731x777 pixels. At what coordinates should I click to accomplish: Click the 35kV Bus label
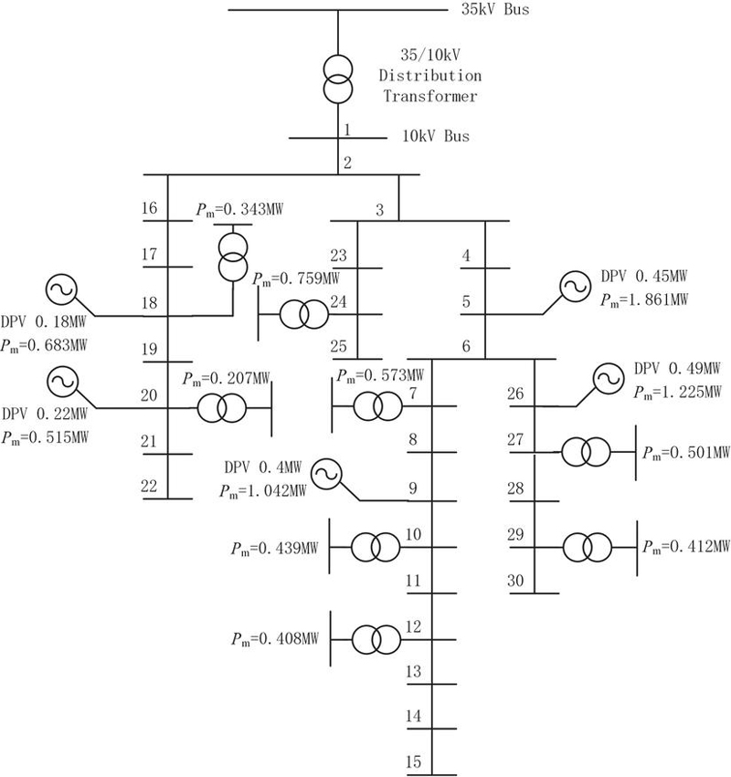pos(495,9)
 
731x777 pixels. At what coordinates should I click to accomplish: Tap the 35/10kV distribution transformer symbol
pos(338,79)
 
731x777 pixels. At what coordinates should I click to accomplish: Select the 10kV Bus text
pos(436,136)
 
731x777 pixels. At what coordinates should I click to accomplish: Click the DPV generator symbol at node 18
pos(61,289)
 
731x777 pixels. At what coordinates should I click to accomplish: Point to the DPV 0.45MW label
pos(644,276)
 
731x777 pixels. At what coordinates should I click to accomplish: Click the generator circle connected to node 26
pos(609,379)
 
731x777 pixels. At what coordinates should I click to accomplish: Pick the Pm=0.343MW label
pos(239,210)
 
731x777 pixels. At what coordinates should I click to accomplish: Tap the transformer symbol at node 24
pos(304,314)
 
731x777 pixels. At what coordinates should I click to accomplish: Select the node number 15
pos(414,761)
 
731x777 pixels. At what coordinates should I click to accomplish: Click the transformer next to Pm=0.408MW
pos(376,640)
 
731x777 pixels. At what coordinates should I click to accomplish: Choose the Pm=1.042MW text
pos(263,491)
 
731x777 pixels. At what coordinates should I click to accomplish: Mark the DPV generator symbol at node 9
pos(327,474)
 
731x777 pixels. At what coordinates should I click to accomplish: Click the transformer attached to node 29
pos(588,547)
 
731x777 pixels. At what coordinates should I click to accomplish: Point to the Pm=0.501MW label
pos(686,453)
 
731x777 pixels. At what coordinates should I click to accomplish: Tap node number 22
pos(149,486)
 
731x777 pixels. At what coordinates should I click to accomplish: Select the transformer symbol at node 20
pos(222,408)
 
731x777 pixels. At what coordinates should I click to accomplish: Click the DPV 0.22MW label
pos(45,414)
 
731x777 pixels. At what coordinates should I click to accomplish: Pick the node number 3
pos(379,210)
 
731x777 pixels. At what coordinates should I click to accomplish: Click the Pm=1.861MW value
pos(644,299)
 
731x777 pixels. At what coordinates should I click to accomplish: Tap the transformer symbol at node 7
pos(378,405)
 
